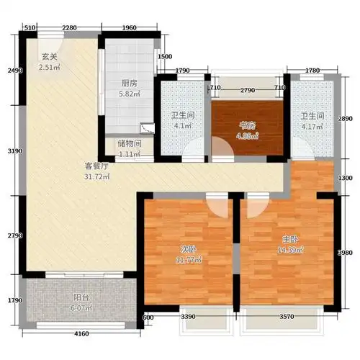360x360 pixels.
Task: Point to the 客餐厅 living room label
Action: point(94,166)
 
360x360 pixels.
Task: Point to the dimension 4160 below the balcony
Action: point(81,333)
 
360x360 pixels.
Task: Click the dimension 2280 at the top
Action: point(69,27)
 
